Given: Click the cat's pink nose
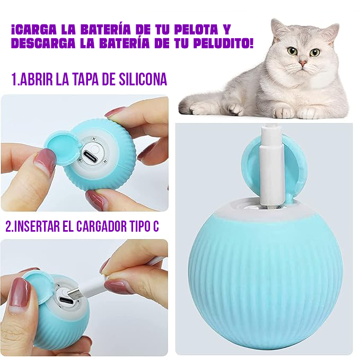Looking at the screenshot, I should coord(303,63).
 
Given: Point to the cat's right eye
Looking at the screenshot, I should coord(315,52).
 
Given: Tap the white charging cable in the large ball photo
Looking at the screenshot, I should coord(274,170).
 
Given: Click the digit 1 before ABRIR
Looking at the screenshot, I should coord(14,80).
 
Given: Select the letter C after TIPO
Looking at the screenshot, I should coord(155,226).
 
